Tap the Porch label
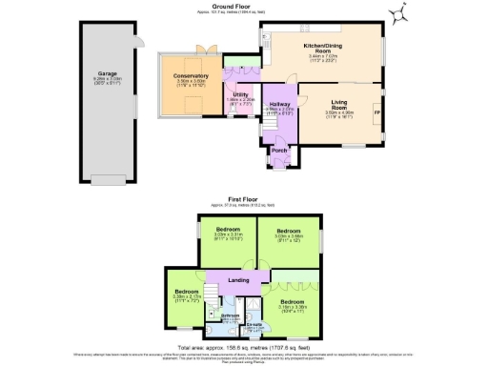point(279,151)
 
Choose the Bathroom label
point(230,315)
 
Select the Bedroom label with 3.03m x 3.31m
point(228,231)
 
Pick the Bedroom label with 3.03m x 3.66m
point(289,231)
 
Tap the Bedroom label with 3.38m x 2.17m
point(186,291)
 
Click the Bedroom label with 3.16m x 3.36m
point(293,301)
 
